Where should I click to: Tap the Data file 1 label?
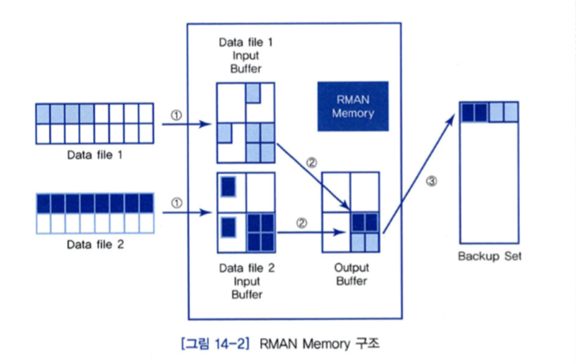pyautogui.click(x=94, y=156)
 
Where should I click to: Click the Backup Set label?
pyautogui.click(x=489, y=256)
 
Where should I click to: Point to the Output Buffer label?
pyautogui.click(x=351, y=273)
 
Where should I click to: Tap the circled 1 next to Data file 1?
pyautogui.click(x=176, y=114)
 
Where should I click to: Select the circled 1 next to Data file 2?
pyautogui.click(x=176, y=202)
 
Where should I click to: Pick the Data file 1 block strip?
pyautogui.click(x=94, y=123)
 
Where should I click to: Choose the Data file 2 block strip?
pyautogui.click(x=94, y=213)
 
